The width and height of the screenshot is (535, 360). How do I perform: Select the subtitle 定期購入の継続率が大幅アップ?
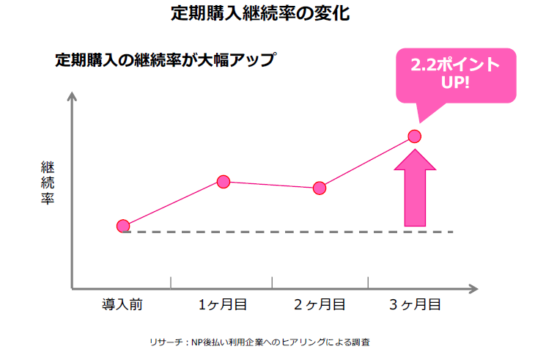pyautogui.click(x=165, y=60)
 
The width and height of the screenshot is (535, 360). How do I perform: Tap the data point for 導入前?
pyautogui.click(x=123, y=226)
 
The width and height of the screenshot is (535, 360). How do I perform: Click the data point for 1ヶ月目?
pyautogui.click(x=224, y=182)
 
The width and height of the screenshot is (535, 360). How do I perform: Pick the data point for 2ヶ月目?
pyautogui.click(x=320, y=188)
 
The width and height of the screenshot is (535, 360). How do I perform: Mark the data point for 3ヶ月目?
pyautogui.click(x=414, y=136)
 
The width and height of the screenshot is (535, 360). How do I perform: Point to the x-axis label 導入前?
pyautogui.click(x=122, y=304)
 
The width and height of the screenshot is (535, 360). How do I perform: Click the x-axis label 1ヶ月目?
pyautogui.click(x=222, y=304)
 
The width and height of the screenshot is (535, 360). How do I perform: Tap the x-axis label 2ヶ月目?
pyautogui.click(x=320, y=304)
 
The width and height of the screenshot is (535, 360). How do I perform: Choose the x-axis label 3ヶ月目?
pyautogui.click(x=415, y=304)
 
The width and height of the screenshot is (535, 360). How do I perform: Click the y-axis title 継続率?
pyautogui.click(x=48, y=183)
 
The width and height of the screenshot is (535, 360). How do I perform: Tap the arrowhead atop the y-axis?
pyautogui.click(x=72, y=98)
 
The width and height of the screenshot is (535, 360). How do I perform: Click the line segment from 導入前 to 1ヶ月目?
pyautogui.click(x=174, y=204)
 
